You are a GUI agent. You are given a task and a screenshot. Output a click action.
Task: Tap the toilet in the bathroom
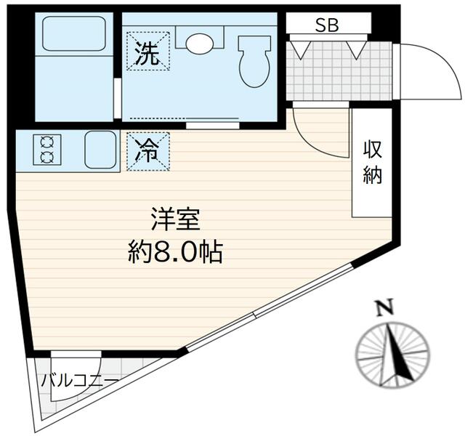pyautogui.click(x=253, y=59)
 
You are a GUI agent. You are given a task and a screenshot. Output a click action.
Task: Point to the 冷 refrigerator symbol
pyautogui.click(x=148, y=151)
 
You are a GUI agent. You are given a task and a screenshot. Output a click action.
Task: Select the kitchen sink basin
pyautogui.click(x=100, y=150)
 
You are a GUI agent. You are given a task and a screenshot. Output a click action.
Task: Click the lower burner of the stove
pyautogui.click(x=47, y=156)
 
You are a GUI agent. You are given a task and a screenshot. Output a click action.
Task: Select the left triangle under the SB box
pyautogui.click(x=299, y=49)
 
